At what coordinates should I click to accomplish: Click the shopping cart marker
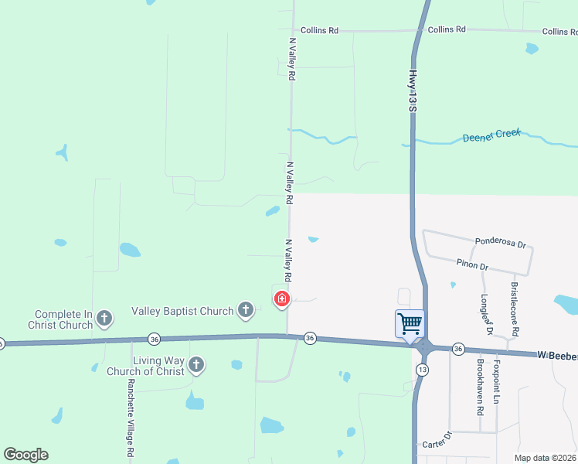pyautogui.click(x=410, y=323)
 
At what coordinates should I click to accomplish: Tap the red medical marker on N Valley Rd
pyautogui.click(x=282, y=299)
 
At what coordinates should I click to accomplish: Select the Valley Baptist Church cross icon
pyautogui.click(x=246, y=311)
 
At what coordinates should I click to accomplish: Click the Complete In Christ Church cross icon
pyautogui.click(x=104, y=318)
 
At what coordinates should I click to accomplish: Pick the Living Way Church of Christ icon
pyautogui.click(x=196, y=364)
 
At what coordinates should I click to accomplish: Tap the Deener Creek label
pyautogui.click(x=491, y=136)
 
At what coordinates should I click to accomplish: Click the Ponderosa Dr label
pyautogui.click(x=500, y=243)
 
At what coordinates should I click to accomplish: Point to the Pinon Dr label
pyautogui.click(x=472, y=265)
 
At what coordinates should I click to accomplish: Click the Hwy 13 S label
pyautogui.click(x=413, y=90)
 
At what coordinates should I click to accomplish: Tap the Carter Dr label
pyautogui.click(x=436, y=445)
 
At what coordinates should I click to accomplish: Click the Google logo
pyautogui.click(x=25, y=455)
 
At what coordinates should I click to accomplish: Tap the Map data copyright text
pyautogui.click(x=545, y=458)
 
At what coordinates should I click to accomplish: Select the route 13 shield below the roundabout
pyautogui.click(x=420, y=370)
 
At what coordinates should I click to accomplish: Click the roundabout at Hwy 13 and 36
pyautogui.click(x=423, y=348)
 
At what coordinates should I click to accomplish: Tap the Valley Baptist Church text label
pyautogui.click(x=182, y=311)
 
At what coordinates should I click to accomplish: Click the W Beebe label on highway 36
pyautogui.click(x=557, y=355)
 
